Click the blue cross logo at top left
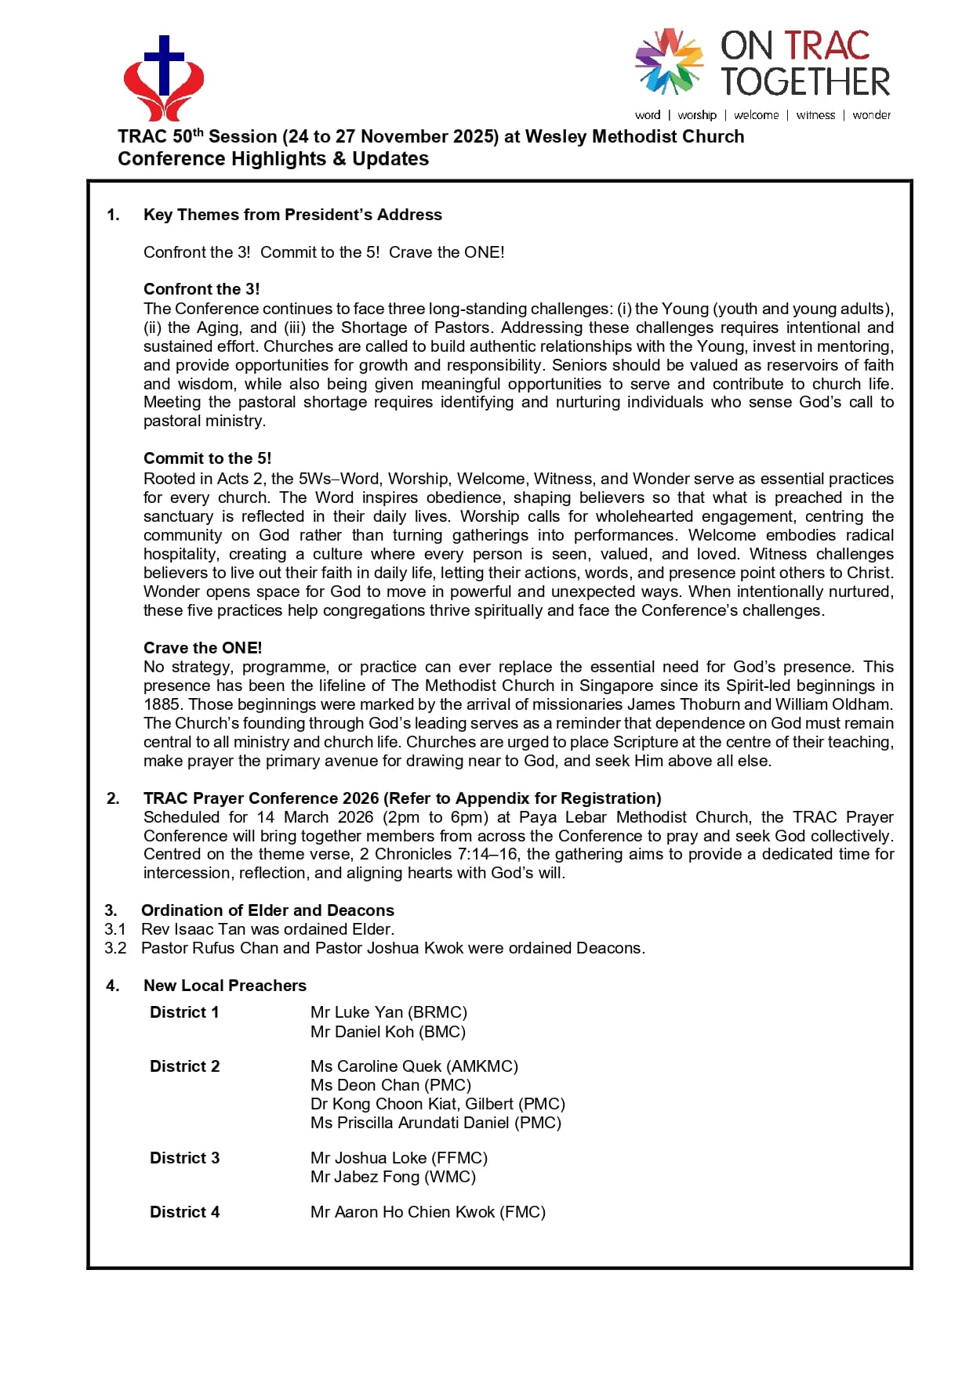point(164,77)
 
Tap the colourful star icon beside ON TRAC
point(668,61)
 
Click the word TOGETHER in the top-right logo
point(805,82)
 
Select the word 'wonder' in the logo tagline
point(871,115)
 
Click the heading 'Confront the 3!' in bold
point(201,289)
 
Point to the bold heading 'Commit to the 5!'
point(207,458)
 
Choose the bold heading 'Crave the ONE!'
point(202,648)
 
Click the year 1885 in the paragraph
point(162,704)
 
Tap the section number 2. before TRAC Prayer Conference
point(114,798)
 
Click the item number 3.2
point(115,948)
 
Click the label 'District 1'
point(184,1012)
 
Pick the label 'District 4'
point(184,1212)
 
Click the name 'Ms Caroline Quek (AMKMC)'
point(414,1066)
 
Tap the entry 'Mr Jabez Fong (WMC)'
point(393,1177)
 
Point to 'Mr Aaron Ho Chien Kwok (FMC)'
point(427,1212)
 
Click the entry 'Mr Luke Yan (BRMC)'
point(388,1012)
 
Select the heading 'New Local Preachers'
point(225,986)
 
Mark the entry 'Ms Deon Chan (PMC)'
point(390,1085)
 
